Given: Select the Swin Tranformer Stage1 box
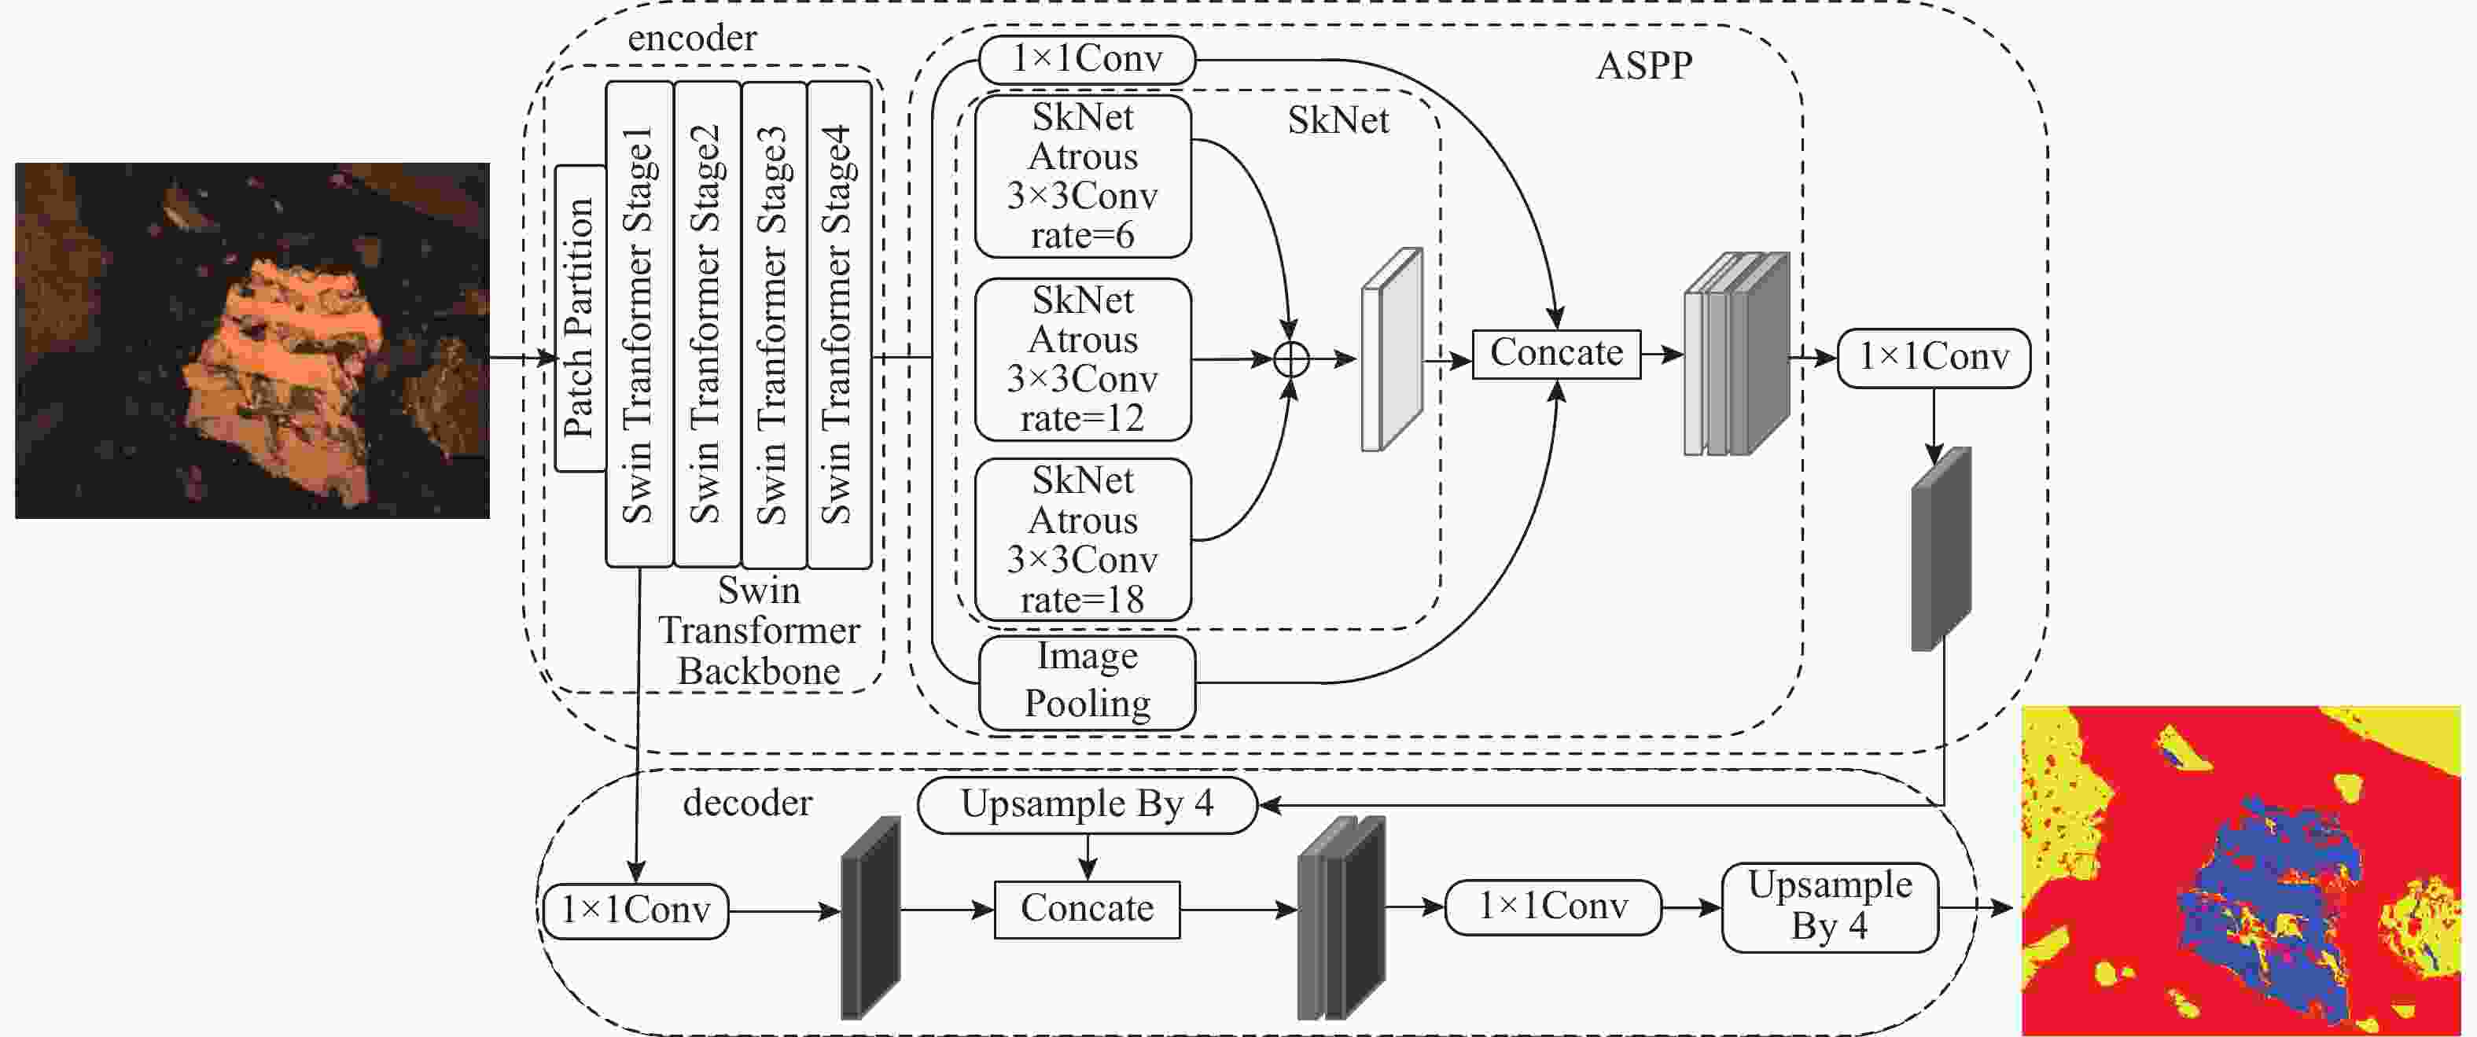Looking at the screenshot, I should tap(639, 324).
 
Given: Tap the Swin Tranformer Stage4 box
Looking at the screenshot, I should tap(840, 324).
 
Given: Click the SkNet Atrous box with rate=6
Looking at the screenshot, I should tap(1083, 176).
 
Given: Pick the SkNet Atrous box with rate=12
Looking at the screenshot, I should tap(1083, 359).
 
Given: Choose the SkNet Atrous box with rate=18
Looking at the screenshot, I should tap(1083, 539).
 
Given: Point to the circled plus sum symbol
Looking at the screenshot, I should tap(1290, 359).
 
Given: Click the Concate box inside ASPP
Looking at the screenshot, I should tap(1556, 354).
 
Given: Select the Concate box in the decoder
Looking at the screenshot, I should tap(1087, 909).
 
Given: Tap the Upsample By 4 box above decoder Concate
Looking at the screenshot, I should tap(1087, 804).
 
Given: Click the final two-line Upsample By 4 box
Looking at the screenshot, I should tap(1829, 906).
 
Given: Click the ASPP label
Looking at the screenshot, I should tap(1644, 65).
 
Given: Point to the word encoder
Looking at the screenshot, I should tap(691, 39).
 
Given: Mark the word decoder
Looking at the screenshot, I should tap(747, 803).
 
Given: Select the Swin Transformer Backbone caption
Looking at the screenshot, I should tap(759, 631).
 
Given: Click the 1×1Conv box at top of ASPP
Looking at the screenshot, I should tap(1087, 60).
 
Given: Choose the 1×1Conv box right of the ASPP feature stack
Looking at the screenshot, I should tap(1933, 358).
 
